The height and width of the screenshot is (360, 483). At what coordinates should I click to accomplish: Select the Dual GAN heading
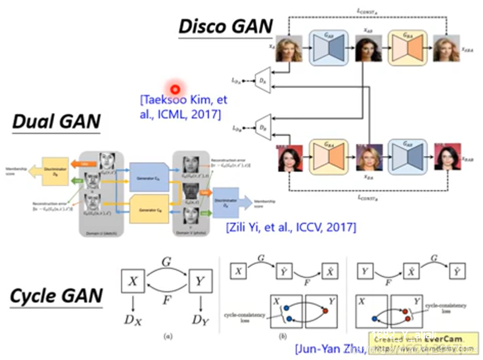[56, 121]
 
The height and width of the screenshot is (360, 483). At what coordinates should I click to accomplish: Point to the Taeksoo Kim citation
[183, 108]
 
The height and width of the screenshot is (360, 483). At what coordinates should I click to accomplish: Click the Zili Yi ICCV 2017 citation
[291, 226]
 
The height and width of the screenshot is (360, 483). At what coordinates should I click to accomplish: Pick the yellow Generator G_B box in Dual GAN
[148, 209]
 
